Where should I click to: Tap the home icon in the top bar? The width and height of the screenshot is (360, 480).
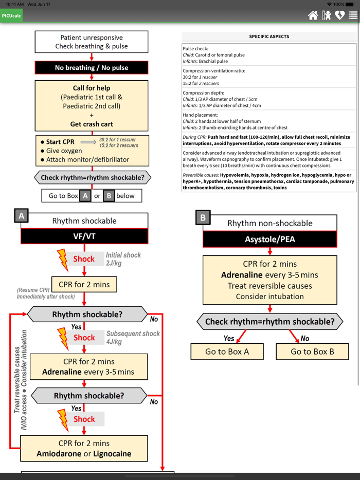point(313,15)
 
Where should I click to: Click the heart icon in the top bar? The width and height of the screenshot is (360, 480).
point(339,15)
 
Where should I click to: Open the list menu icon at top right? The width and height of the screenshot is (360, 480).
point(353,15)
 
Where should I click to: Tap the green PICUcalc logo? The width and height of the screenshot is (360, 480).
point(11,16)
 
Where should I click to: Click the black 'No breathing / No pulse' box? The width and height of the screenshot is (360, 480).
point(92,68)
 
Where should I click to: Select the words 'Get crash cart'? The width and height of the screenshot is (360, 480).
point(92,124)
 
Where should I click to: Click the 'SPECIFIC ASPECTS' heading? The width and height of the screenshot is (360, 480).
point(269,37)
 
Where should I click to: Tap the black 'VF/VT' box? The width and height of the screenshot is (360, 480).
point(84,236)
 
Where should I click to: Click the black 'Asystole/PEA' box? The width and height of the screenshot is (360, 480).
point(270,239)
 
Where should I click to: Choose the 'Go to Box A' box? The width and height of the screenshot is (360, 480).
point(227,352)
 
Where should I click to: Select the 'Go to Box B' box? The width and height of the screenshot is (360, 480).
point(312,352)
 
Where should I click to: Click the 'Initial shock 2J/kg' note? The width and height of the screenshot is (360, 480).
point(123,259)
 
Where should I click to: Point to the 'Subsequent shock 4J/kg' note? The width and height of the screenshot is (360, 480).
point(133,338)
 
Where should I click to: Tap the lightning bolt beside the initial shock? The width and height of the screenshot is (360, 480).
point(63,260)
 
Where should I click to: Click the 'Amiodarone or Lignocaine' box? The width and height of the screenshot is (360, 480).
point(84,448)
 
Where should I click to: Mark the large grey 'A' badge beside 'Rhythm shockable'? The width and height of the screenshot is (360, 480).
point(22,216)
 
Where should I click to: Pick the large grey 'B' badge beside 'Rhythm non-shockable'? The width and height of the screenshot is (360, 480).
point(203,218)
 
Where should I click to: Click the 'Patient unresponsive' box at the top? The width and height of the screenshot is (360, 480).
point(92,42)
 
